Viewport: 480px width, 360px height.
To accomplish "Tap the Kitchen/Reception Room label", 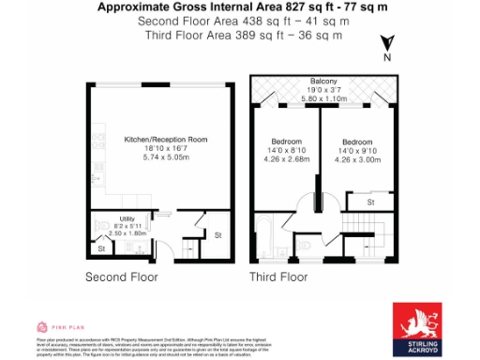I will point(166,140).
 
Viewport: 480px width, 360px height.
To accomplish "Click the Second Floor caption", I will point(122,277).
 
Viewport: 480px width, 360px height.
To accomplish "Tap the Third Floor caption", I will point(278,277).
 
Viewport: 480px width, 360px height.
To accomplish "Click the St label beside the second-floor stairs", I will point(219,234).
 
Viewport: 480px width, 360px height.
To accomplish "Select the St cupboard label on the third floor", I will point(371,201).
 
